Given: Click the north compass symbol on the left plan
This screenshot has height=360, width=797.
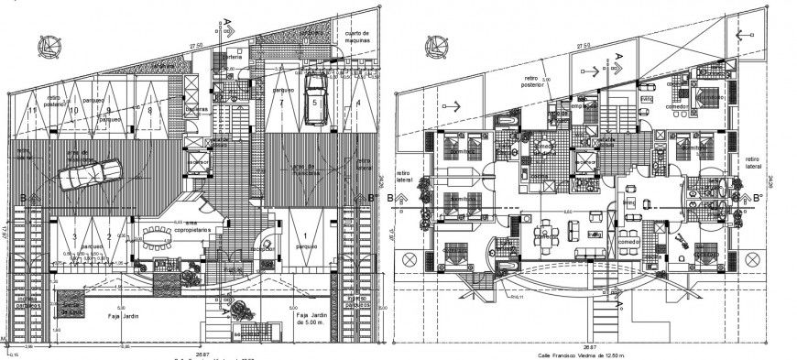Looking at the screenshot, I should pyautogui.click(x=43, y=43).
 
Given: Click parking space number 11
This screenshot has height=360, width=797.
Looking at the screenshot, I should pyautogui.click(x=33, y=111).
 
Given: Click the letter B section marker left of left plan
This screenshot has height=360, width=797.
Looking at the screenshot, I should pyautogui.click(x=23, y=196).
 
